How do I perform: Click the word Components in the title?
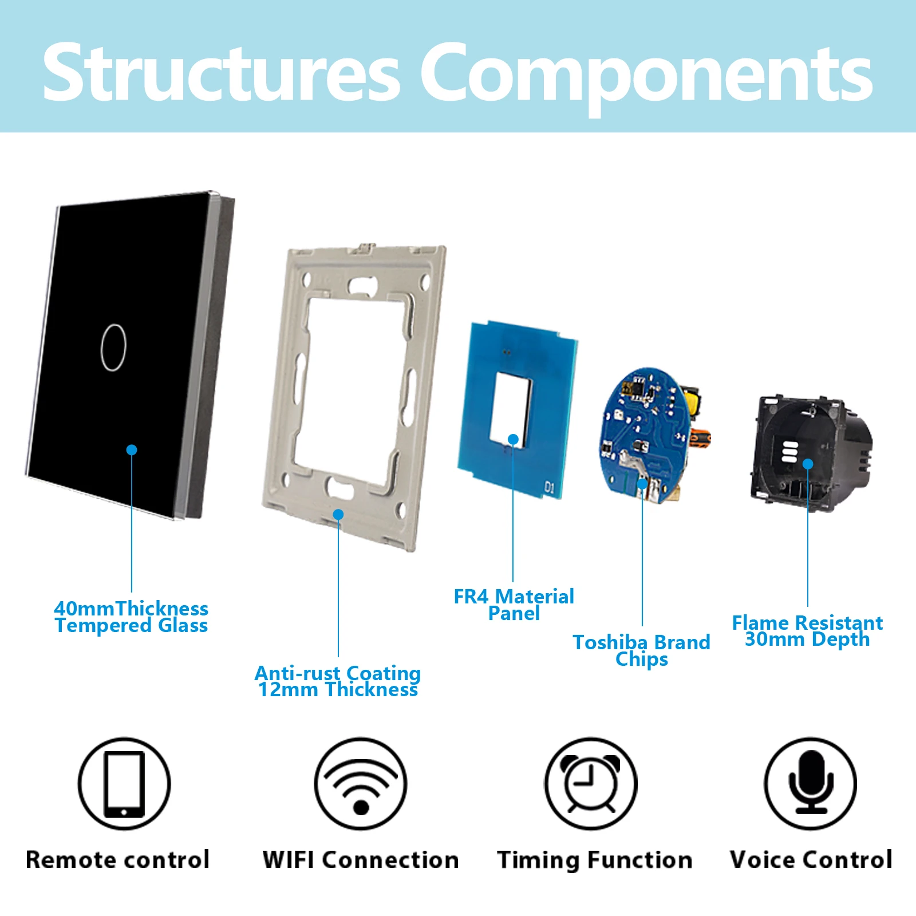click(x=646, y=77)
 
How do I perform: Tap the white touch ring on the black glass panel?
click(x=113, y=348)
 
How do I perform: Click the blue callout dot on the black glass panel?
click(x=132, y=450)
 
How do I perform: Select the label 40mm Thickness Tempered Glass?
click(x=131, y=617)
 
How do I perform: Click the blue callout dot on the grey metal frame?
click(x=338, y=515)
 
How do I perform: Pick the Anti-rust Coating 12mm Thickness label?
click(x=338, y=681)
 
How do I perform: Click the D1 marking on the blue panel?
click(x=550, y=488)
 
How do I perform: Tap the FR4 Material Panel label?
click(x=514, y=605)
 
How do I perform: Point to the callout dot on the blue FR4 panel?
click(x=514, y=439)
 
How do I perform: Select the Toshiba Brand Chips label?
click(x=642, y=650)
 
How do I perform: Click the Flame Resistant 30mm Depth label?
click(x=807, y=631)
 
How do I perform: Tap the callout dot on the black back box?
click(x=808, y=464)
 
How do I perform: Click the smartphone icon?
click(x=124, y=784)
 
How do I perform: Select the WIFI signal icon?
click(x=361, y=784)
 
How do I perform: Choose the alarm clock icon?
click(x=591, y=784)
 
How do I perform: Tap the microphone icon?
click(x=811, y=784)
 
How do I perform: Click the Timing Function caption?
click(x=594, y=860)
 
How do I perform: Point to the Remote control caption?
click(x=118, y=860)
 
